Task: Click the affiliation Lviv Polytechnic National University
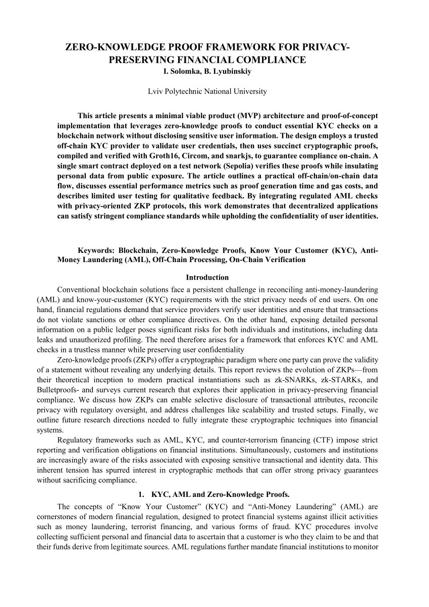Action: coord(207,91)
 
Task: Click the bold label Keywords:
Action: coord(95,250)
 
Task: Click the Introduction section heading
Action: coord(207,277)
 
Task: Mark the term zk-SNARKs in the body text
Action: coord(293,379)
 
